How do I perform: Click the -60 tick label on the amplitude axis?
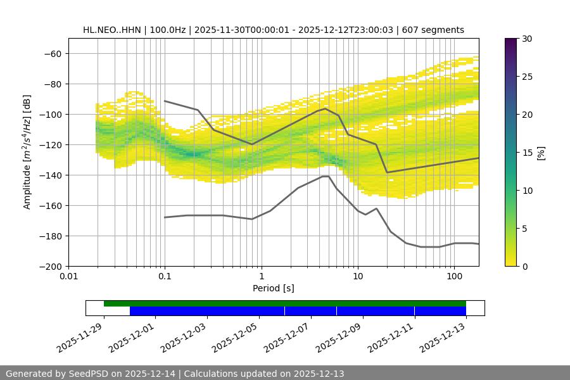tap(53, 53)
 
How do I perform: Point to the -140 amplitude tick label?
tap(50, 175)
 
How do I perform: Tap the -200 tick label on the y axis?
tap(50, 266)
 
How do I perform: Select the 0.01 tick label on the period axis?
tap(68, 277)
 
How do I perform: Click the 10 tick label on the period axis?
tap(358, 277)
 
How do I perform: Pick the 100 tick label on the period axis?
tap(454, 277)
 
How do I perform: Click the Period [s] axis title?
tap(273, 288)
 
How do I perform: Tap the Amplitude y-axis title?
tap(27, 152)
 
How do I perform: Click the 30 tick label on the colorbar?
tap(527, 39)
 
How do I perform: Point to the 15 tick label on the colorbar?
tap(527, 153)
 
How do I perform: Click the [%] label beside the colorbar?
tap(541, 153)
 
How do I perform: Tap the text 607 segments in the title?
tap(437, 30)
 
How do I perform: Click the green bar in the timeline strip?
tap(285, 303)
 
